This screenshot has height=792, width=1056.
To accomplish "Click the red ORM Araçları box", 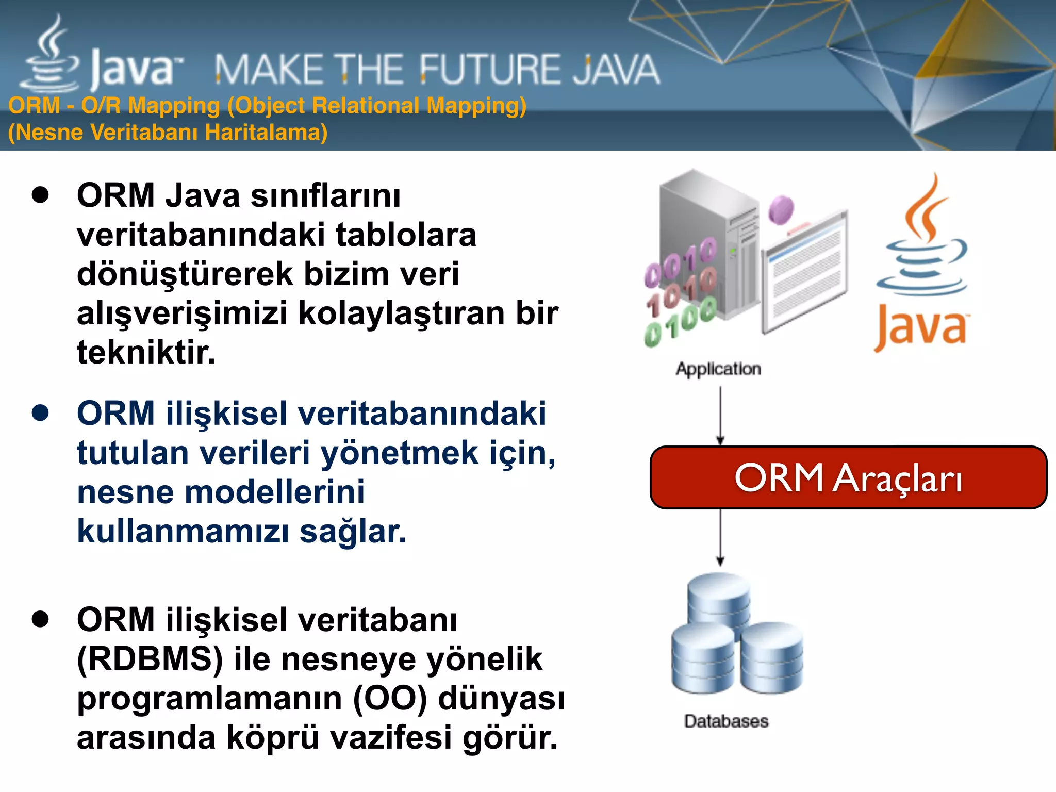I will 848,477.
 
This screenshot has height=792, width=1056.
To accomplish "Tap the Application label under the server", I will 718,369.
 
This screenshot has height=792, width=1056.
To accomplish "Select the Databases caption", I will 726,721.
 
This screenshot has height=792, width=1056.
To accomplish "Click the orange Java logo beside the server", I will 922,263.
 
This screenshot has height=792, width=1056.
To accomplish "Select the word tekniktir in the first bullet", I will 146,353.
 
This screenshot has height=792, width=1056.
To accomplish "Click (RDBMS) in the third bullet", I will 150,659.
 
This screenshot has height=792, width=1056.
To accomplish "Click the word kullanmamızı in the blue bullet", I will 183,531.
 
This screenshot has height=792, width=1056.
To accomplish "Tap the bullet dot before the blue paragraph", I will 40,413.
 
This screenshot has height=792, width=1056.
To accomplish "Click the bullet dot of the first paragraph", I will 40,195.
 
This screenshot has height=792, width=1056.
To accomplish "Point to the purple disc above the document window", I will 781,209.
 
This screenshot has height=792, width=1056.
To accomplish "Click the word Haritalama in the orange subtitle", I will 266,133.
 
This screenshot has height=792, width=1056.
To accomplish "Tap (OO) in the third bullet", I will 390,699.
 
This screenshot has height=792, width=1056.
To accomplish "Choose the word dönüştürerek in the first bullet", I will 185,274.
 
